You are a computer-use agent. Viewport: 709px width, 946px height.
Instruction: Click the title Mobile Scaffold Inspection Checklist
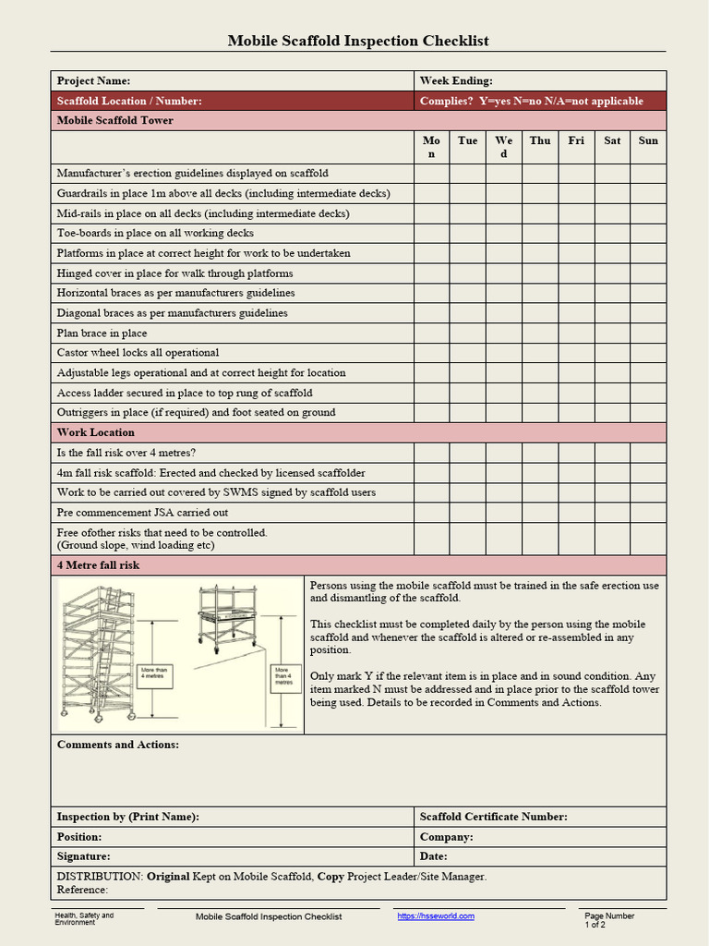tap(358, 41)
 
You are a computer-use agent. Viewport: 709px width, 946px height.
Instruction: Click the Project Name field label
tap(93, 81)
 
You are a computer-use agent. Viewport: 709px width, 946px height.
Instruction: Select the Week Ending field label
tap(456, 81)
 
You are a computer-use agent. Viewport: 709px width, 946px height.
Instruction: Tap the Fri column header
tap(576, 140)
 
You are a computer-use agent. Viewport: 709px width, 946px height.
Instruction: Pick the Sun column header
tap(648, 140)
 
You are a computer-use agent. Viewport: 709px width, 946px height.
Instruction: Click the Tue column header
tap(467, 140)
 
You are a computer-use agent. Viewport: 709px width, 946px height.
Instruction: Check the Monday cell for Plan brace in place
tap(431, 334)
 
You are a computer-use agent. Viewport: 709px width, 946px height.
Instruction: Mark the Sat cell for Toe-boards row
tap(612, 234)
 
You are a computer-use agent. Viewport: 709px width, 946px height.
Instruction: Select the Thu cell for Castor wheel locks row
tap(540, 353)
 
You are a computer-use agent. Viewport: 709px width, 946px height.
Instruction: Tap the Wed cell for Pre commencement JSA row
tap(504, 513)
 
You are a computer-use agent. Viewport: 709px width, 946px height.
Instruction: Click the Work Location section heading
tap(96, 432)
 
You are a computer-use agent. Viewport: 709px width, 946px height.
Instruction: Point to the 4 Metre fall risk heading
tap(99, 565)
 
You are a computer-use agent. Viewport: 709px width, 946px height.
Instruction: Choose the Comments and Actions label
tap(118, 745)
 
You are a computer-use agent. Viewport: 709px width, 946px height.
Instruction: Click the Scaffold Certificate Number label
tap(493, 817)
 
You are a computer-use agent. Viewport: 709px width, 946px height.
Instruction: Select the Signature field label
tap(83, 856)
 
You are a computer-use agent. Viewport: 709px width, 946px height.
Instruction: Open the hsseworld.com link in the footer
tap(436, 916)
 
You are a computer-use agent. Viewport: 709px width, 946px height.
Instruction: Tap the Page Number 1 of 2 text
tap(608, 920)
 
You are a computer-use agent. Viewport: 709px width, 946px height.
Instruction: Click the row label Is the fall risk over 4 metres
tap(126, 453)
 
